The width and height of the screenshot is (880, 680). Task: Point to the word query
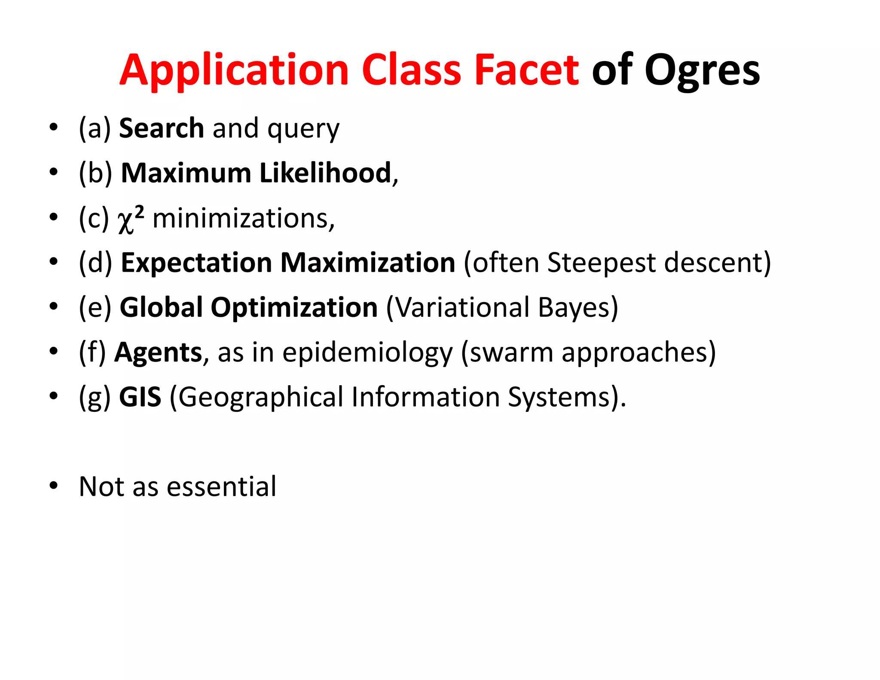pyautogui.click(x=303, y=129)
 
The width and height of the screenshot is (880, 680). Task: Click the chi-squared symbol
pyautogui.click(x=130, y=219)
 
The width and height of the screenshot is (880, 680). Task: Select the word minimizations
pyautogui.click(x=243, y=218)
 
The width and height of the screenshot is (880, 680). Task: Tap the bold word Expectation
pyautogui.click(x=196, y=263)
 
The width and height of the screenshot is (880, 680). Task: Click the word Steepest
pyautogui.click(x=601, y=263)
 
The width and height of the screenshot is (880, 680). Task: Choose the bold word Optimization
pyautogui.click(x=294, y=307)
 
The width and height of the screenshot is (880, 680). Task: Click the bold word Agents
pyautogui.click(x=158, y=352)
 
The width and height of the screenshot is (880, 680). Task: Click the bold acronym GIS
pyautogui.click(x=140, y=397)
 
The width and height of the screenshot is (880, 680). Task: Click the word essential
pyautogui.click(x=221, y=487)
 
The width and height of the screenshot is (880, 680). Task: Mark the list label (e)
pyautogui.click(x=95, y=307)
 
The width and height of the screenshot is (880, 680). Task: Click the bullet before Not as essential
pyautogui.click(x=53, y=486)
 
